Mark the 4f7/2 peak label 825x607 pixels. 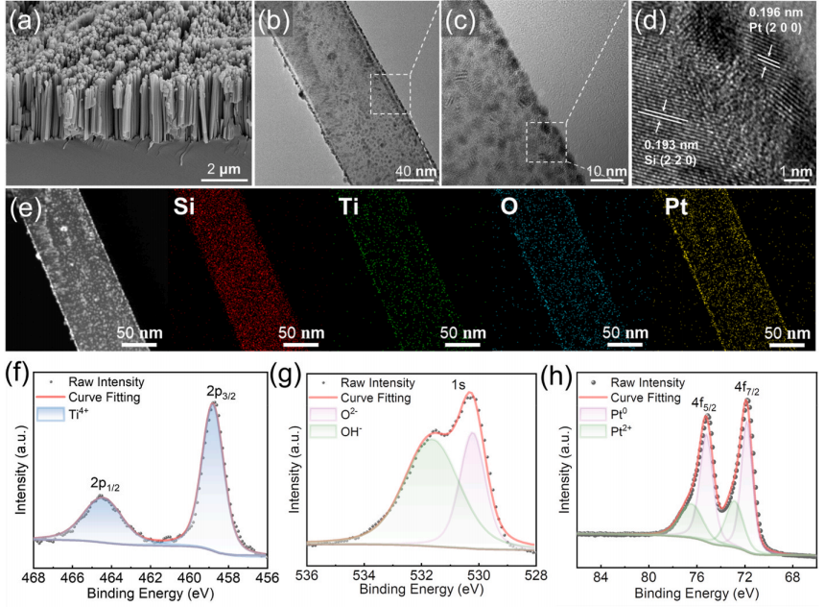point(749,387)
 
